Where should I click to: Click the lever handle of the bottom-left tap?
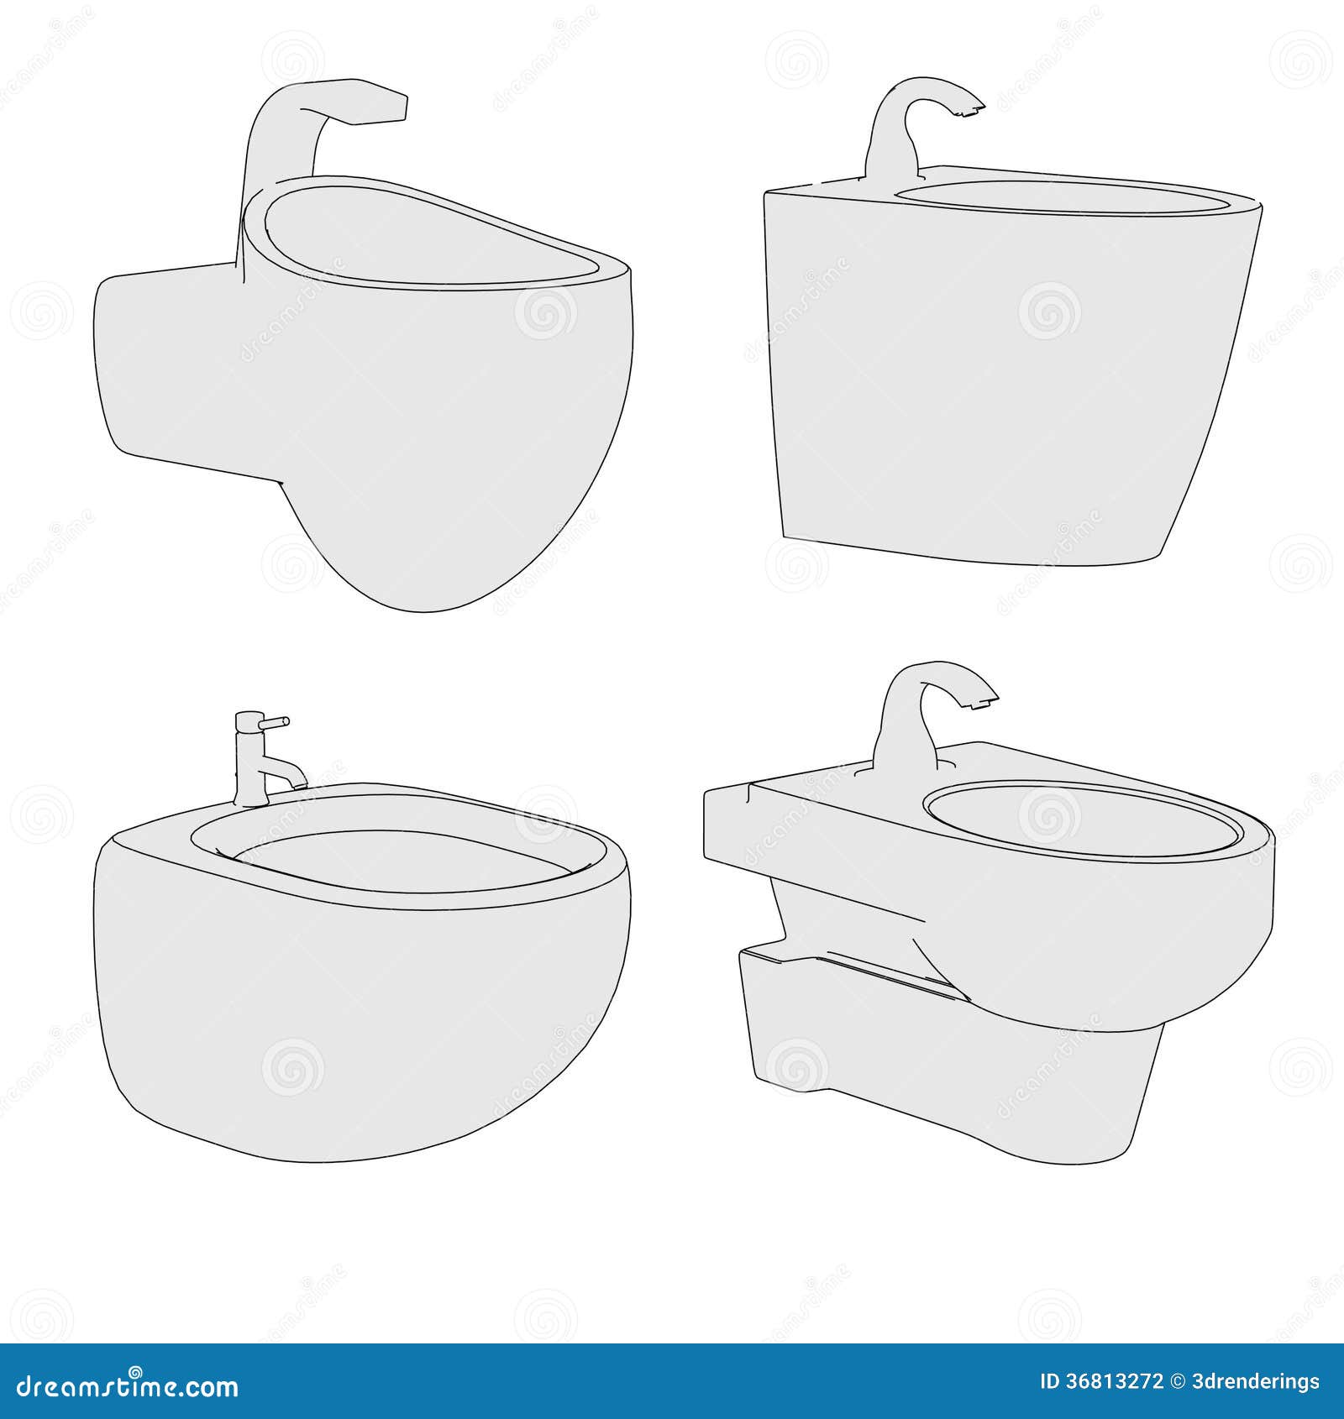point(276,721)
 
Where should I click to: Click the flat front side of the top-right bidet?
point(991,378)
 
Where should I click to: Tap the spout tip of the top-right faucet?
point(974,107)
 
